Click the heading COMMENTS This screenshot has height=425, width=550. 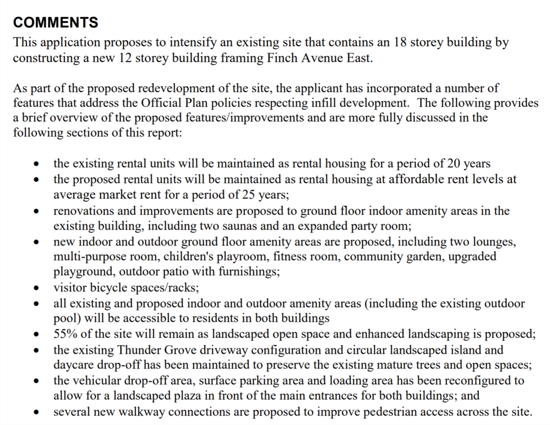55,22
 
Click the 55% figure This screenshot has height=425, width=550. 65,334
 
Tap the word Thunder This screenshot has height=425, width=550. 138,350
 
